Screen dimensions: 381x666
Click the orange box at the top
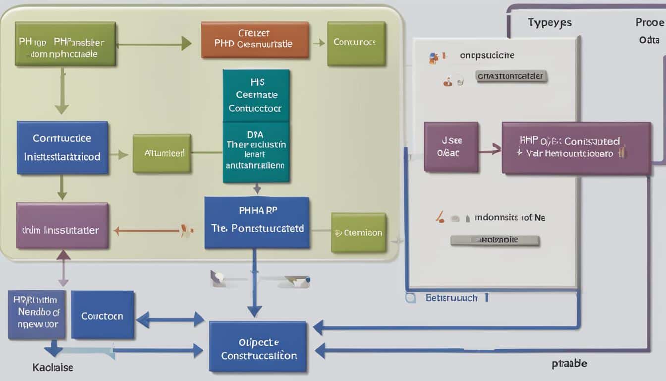pos(255,40)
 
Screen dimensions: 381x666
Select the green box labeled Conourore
pos(356,43)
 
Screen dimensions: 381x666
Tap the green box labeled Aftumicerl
pos(162,153)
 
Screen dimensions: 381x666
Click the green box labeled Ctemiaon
pos(358,232)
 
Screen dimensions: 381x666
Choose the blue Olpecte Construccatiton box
pos(258,346)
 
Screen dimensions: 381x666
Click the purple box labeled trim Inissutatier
pos(62,225)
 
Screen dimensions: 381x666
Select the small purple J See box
pos(450,147)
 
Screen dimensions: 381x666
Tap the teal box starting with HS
pos(256,95)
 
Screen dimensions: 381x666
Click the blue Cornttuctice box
pos(62,147)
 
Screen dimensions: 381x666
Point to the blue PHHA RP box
pos(257,222)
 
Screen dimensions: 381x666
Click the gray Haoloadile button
pos(494,240)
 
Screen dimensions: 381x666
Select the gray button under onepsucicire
pos(511,76)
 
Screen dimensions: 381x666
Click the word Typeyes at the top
pos(550,22)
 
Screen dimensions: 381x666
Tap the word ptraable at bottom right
pos(569,363)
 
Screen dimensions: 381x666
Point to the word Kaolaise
pos(53,368)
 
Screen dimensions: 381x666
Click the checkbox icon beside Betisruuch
pos(410,298)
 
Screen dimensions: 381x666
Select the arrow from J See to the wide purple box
pos(490,148)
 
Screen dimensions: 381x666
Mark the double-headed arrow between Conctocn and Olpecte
pos(170,319)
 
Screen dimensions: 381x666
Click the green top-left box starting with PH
pos(65,43)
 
